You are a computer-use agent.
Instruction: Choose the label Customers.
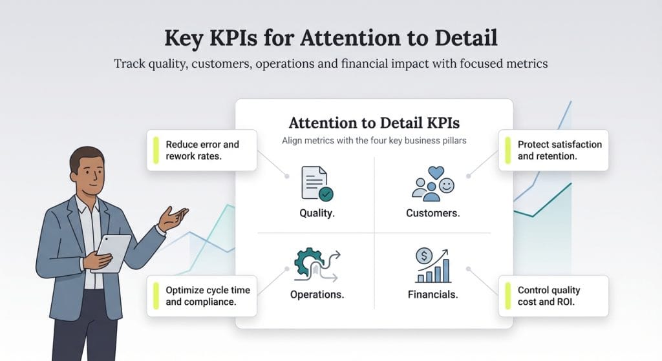(x=432, y=213)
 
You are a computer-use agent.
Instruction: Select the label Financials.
(x=432, y=295)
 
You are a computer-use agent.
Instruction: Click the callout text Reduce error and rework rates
(x=202, y=150)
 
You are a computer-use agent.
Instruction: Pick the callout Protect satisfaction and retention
(x=559, y=150)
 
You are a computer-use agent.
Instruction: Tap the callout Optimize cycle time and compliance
(x=207, y=296)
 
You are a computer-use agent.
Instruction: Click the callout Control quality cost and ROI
(x=549, y=296)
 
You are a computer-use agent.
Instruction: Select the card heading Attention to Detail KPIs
(x=374, y=123)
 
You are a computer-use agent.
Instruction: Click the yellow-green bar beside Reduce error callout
(x=156, y=150)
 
